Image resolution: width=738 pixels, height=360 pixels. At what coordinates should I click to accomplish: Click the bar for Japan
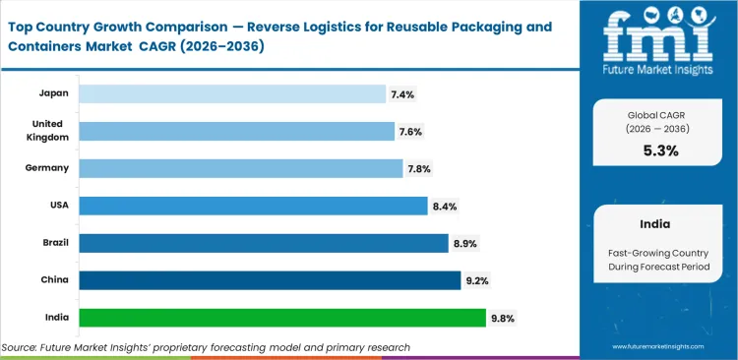pyautogui.click(x=232, y=93)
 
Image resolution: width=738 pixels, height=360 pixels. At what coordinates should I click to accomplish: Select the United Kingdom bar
pyautogui.click(x=236, y=131)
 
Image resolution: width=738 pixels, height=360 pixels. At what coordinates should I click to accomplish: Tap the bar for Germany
pyautogui.click(x=241, y=168)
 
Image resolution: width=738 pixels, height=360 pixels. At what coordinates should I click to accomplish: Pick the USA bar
pyautogui.click(x=253, y=206)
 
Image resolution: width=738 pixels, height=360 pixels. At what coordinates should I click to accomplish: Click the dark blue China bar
pyautogui.click(x=270, y=280)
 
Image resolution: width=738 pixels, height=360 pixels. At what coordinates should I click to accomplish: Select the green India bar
pyautogui.click(x=282, y=318)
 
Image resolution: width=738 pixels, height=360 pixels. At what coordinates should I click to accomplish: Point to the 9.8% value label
pyautogui.click(x=502, y=318)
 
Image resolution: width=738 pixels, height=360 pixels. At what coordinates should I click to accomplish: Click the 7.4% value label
pyautogui.click(x=401, y=93)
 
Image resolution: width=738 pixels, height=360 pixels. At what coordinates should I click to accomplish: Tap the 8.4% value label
pyautogui.click(x=444, y=206)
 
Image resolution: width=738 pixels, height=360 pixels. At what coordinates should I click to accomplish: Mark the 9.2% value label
pyautogui.click(x=476, y=280)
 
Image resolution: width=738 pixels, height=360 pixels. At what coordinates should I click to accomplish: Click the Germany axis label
pyautogui.click(x=47, y=168)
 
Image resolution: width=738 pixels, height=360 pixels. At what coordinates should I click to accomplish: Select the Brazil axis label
pyautogui.click(x=53, y=243)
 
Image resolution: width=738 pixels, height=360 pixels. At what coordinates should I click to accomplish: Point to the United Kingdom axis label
pyautogui.click(x=47, y=131)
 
